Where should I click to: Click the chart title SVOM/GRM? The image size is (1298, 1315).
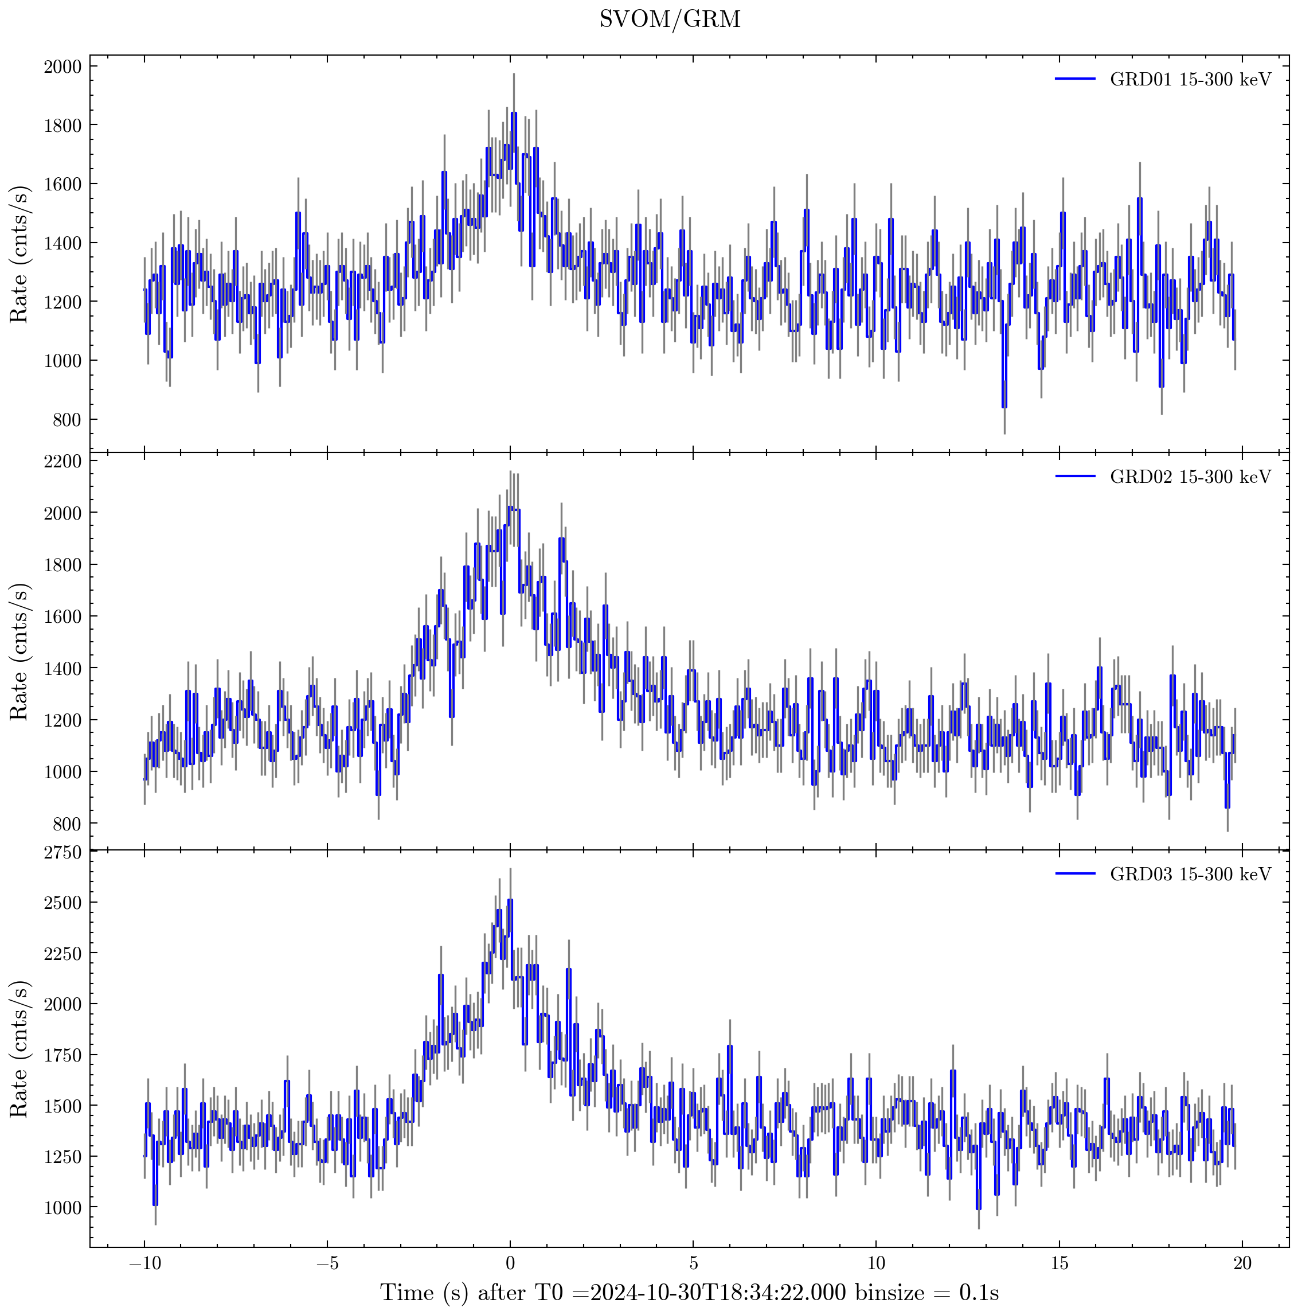tap(670, 19)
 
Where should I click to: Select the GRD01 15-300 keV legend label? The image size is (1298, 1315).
tap(1190, 80)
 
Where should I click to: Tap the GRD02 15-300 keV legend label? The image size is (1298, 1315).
tap(1190, 477)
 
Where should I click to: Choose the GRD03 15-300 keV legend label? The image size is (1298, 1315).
tap(1190, 875)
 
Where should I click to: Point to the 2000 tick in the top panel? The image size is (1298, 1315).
tap(62, 67)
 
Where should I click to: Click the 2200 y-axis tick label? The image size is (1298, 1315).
tap(62, 462)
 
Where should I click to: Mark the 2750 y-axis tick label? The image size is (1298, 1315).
tap(62, 853)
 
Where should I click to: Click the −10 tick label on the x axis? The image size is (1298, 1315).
tap(143, 1264)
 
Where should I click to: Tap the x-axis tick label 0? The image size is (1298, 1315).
tap(510, 1264)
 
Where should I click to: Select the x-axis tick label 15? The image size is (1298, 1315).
tap(1059, 1264)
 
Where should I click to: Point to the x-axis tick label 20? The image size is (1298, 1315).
tap(1242, 1264)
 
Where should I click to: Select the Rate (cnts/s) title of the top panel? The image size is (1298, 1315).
tap(19, 255)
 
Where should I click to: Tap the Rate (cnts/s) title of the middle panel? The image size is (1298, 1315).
tap(19, 652)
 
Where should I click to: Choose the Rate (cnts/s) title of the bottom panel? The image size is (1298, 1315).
tap(19, 1049)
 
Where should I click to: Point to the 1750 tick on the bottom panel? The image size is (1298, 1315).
tap(62, 1056)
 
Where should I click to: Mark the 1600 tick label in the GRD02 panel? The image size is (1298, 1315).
tap(62, 616)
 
